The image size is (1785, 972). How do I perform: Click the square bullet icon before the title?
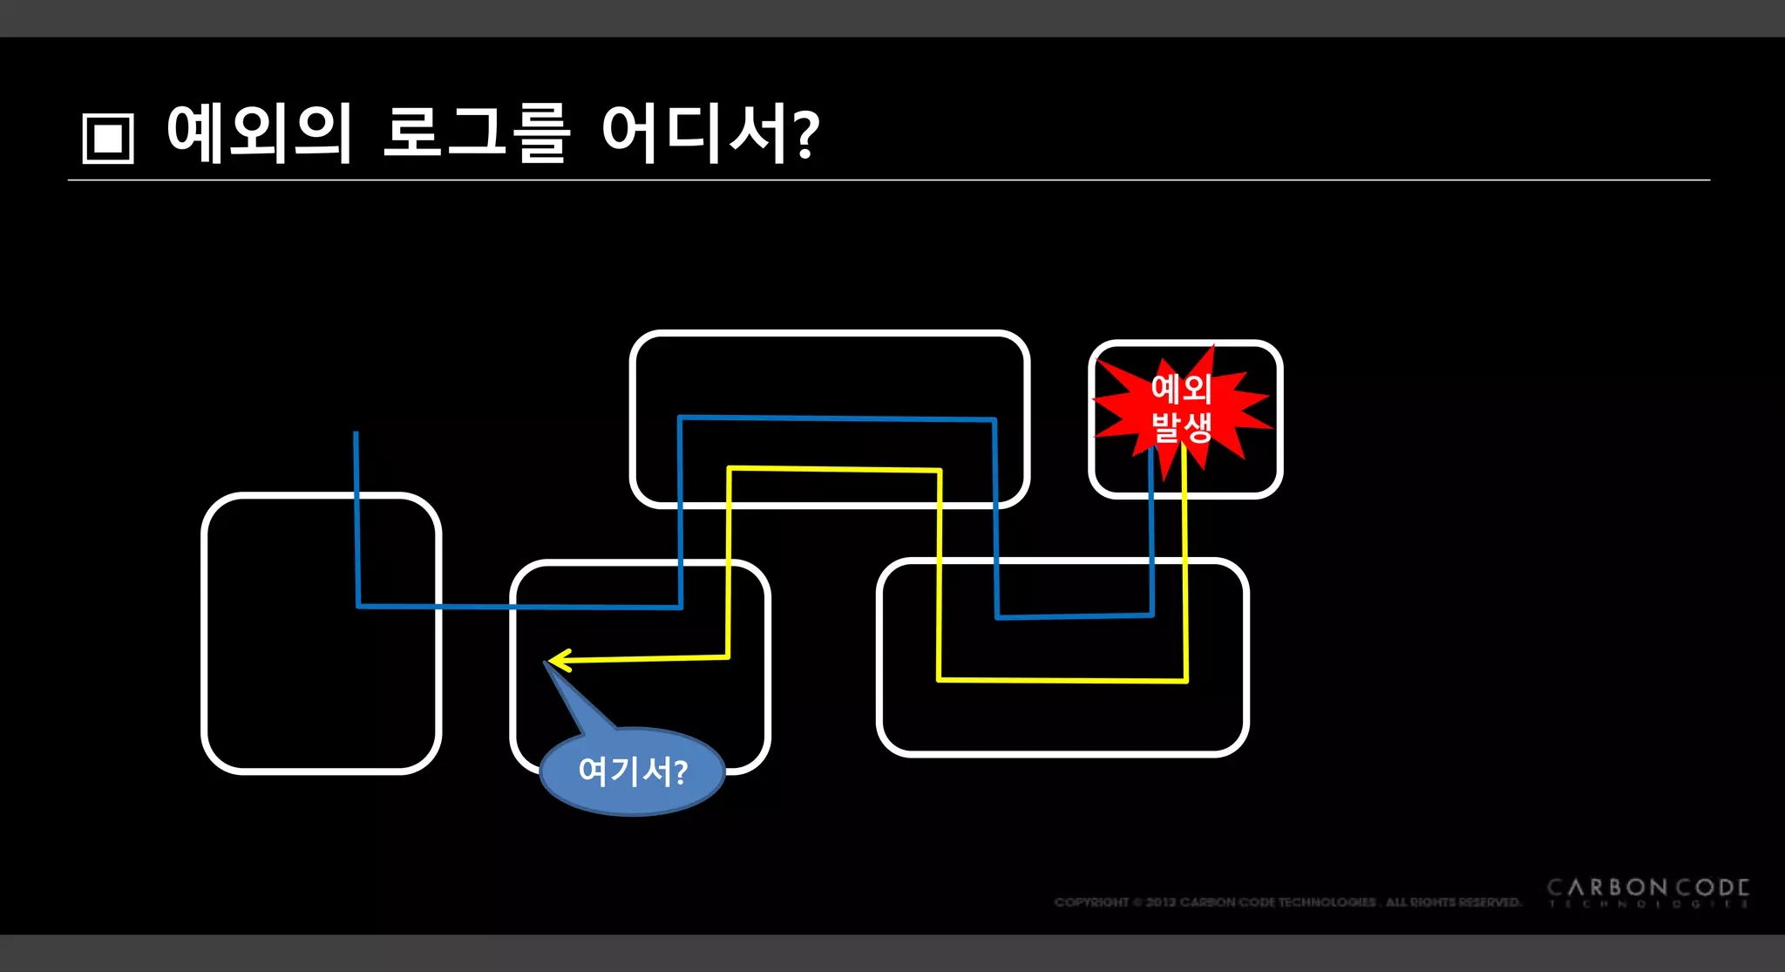[108, 138]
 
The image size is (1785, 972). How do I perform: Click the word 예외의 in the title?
[260, 133]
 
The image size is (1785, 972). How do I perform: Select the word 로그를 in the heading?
[476, 133]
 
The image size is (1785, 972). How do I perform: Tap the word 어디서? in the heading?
[709, 133]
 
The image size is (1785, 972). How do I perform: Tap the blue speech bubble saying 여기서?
[633, 771]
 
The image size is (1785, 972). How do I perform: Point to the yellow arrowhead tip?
[551, 661]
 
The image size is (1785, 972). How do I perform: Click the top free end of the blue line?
[356, 433]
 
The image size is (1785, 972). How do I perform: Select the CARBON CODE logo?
[1647, 891]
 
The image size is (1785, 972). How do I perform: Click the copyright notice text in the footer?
[1286, 902]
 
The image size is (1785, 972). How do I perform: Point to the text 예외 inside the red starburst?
[1182, 389]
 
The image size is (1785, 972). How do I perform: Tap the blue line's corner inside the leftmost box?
[358, 605]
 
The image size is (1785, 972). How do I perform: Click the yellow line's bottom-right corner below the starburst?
[1186, 680]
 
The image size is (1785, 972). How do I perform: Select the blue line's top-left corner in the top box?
[680, 418]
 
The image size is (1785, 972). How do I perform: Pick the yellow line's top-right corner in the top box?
[940, 471]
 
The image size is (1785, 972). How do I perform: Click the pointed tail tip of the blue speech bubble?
[546, 663]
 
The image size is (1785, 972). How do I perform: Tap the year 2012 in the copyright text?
[1161, 902]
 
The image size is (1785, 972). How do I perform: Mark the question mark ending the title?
[806, 135]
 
